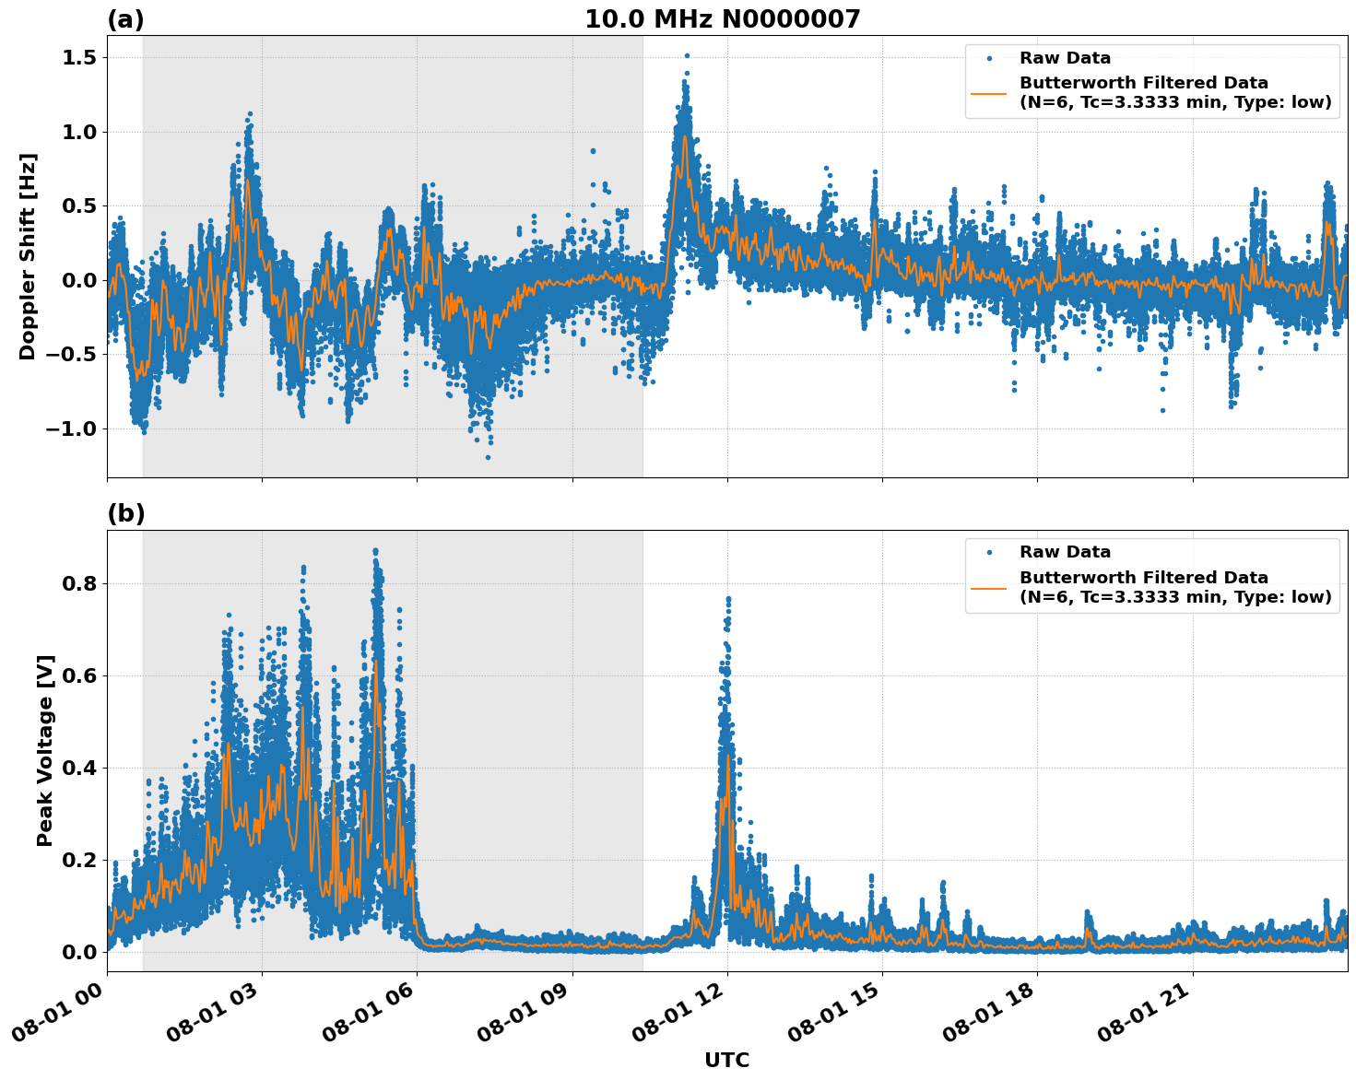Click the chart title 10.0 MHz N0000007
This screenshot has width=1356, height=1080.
coord(722,19)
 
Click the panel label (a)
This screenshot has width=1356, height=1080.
coord(125,19)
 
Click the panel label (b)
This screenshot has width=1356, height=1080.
coord(125,514)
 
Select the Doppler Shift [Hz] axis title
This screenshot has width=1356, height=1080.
coord(28,256)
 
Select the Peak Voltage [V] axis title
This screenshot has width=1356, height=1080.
coord(45,750)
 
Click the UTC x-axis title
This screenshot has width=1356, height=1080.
coord(726,1060)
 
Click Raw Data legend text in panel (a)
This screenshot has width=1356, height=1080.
coord(1065,58)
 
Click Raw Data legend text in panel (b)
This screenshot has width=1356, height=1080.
coord(1065,552)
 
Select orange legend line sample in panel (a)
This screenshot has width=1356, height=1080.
coord(989,92)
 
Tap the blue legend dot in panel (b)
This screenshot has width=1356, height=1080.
coord(989,552)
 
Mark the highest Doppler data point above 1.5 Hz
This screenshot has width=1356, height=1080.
coord(687,55)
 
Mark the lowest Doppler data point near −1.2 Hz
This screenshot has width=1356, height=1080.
coord(488,457)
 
